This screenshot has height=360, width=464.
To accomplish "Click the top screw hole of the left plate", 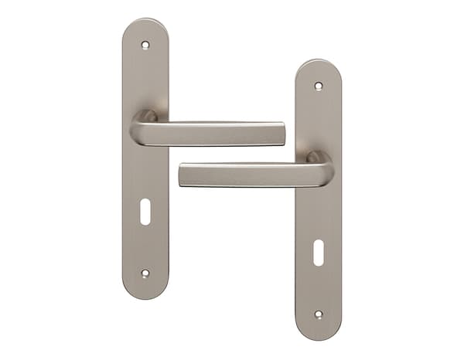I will coord(145,45).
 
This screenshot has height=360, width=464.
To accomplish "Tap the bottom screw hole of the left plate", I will coord(145,273).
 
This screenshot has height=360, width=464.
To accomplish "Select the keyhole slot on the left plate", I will coord(145,212).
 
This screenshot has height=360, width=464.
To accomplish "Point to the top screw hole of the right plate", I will coord(318,86).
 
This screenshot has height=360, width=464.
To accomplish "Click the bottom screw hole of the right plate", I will coord(318,314).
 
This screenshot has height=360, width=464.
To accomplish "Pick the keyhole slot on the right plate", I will coord(318,253).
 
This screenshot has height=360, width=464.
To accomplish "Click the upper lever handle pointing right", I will coord(217,134).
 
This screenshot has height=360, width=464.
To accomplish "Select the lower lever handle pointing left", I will coord(247,175).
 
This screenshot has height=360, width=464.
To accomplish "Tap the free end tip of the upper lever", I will coord(281,134).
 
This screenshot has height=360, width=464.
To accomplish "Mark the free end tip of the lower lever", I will coord(183,175).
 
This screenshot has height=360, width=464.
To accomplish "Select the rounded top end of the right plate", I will coord(318,66).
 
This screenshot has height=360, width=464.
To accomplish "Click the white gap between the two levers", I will coord(232,154).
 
